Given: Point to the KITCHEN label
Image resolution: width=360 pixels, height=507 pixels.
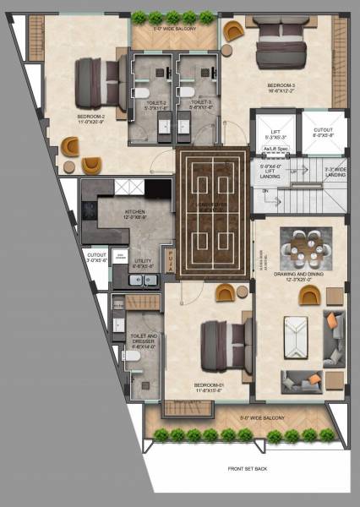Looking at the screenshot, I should (112, 212).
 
